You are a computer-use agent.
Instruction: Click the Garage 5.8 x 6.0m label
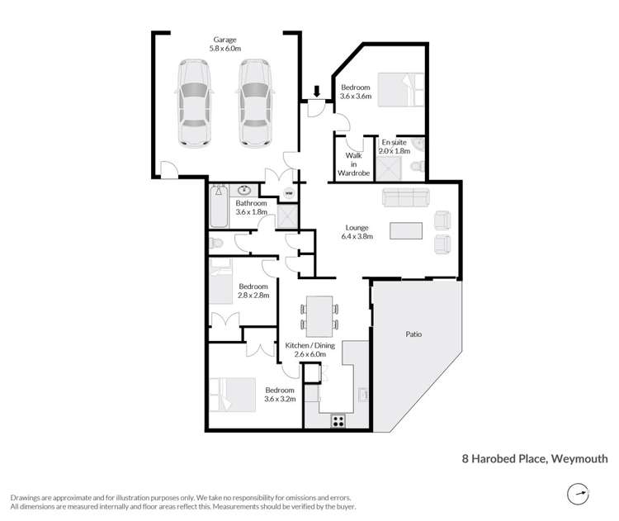pos(225,44)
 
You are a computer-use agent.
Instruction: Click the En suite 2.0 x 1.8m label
pos(395,146)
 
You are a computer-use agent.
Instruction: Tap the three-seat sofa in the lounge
pos(405,199)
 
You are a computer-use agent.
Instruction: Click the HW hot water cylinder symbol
pos(289,194)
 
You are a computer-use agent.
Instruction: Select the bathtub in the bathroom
pos(220,206)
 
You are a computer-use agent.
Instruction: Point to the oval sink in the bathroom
pos(245,189)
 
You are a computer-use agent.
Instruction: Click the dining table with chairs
pos(319,315)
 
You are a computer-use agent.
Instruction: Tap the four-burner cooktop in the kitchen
pos(338,420)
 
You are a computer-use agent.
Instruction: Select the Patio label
pos(413,334)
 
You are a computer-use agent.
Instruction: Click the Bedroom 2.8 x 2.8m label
pos(253,291)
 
